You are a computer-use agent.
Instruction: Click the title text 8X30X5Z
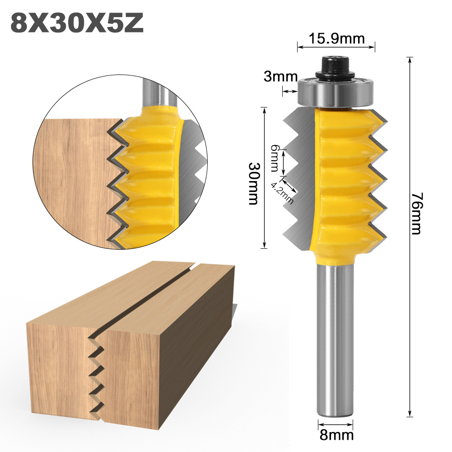coord(76,23)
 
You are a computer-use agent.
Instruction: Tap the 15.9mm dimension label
coord(336,39)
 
